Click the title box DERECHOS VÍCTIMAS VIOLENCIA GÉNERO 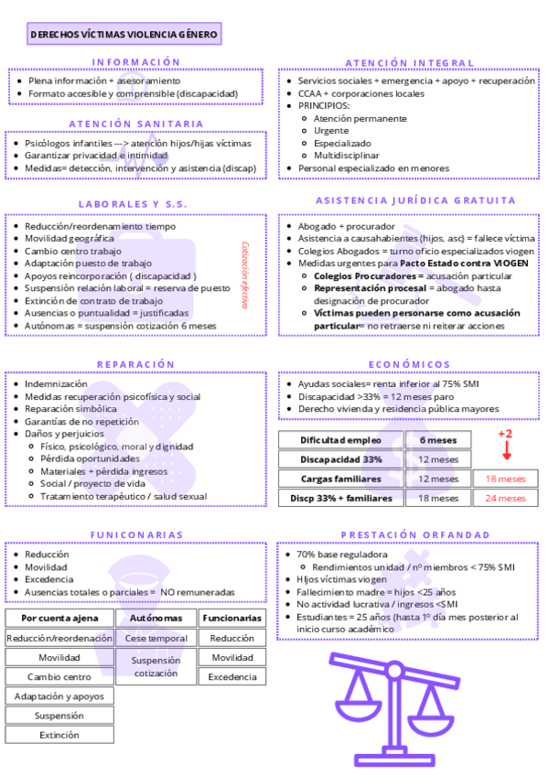[124, 36]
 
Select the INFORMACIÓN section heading [137, 62]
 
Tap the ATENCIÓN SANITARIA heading [136, 124]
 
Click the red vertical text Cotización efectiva [245, 275]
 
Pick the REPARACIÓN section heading [135, 364]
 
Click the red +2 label [505, 434]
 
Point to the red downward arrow [506, 451]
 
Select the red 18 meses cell [505, 479]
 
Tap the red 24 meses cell [505, 498]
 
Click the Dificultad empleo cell [340, 440]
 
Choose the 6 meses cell [437, 440]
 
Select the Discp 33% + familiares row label [340, 498]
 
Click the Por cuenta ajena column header [59, 619]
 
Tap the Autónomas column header [156, 619]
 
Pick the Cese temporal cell [156, 638]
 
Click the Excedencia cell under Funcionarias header [232, 677]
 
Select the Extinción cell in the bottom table [59, 735]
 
